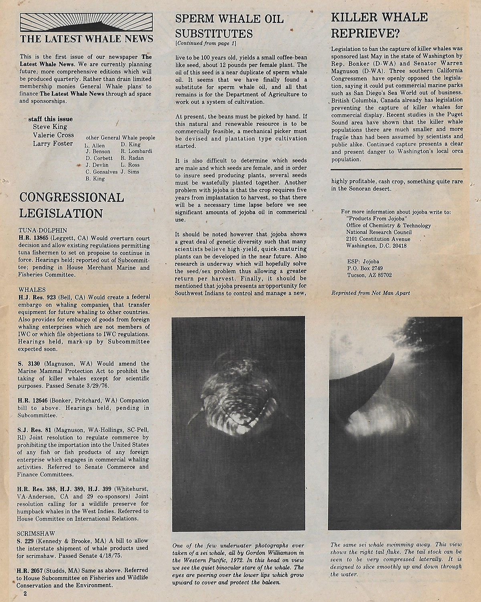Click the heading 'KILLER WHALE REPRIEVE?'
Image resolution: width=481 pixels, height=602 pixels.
coord(378,25)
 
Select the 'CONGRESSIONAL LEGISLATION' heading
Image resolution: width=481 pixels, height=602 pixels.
coord(71,205)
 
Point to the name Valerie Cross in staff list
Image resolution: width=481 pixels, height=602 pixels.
coord(54,135)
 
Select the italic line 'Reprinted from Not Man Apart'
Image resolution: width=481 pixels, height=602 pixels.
coord(370,293)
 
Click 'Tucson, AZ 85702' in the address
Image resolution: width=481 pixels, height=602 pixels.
coord(369,275)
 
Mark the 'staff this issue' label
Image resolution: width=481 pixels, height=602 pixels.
coord(51,119)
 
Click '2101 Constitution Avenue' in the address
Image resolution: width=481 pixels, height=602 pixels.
coord(378,239)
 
